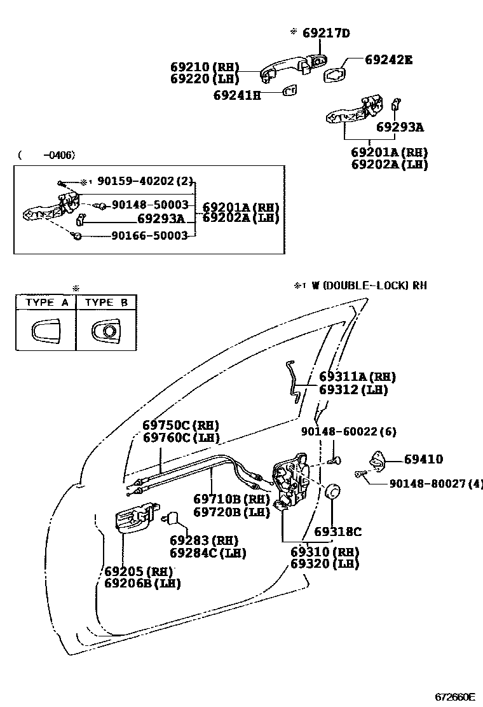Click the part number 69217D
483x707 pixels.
(325, 33)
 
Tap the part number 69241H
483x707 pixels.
(237, 95)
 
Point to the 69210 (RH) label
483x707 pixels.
(204, 67)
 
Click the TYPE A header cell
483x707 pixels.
(46, 303)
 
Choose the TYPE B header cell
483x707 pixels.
(106, 303)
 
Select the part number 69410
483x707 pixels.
(423, 459)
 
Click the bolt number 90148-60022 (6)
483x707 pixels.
(348, 432)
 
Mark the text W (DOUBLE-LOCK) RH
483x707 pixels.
(369, 285)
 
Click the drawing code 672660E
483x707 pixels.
(455, 696)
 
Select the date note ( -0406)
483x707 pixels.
(46, 154)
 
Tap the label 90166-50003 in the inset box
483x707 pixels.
(149, 235)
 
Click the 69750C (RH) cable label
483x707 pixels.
(181, 425)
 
